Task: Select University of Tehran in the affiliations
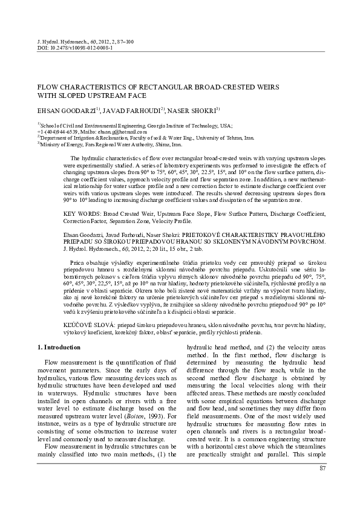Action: coord(231,137)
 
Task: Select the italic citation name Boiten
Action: coord(131,415)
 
